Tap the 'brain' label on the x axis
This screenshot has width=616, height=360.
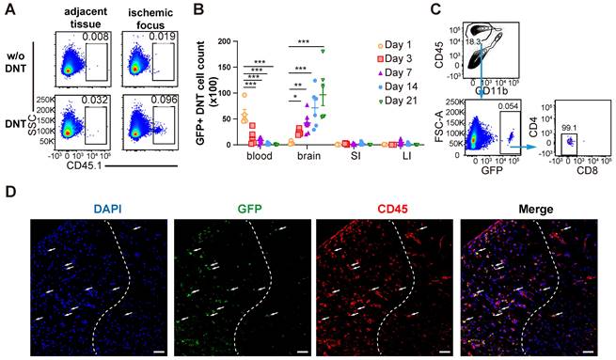301,156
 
